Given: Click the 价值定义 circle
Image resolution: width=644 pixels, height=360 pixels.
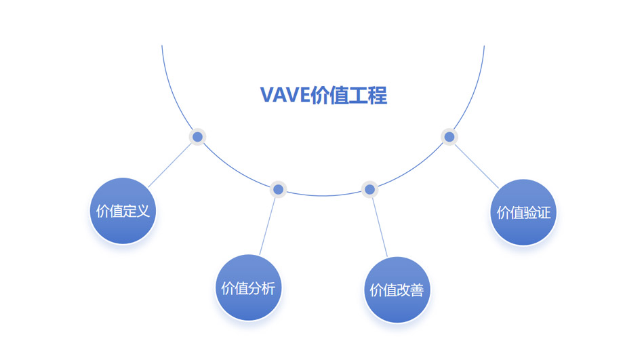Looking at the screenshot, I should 123,211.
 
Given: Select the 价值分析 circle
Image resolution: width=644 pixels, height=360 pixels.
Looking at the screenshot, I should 248,288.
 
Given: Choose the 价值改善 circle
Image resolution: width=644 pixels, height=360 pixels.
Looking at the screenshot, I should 397,290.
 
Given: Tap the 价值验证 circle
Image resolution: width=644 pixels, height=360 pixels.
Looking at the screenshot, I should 523,212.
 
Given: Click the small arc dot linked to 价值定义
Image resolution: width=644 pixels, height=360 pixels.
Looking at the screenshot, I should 197,137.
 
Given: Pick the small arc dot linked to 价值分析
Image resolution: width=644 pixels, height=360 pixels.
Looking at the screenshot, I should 278,189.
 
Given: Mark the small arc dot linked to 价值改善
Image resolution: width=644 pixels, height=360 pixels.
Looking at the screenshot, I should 369,189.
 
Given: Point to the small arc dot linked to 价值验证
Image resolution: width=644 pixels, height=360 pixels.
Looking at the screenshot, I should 448,137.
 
